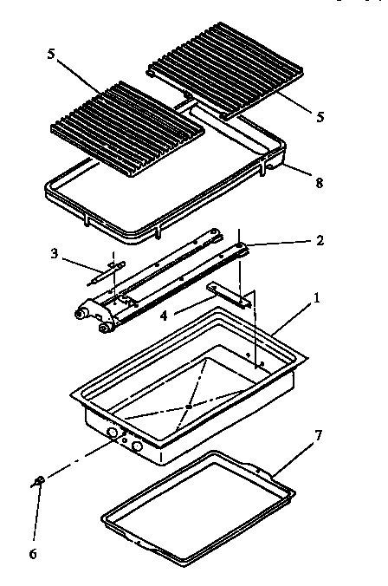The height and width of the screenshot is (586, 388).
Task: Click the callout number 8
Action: [x=320, y=184]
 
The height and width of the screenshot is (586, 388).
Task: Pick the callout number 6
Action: [x=34, y=550]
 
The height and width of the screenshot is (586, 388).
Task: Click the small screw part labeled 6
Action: [x=38, y=479]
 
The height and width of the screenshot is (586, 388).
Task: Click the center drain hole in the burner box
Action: [x=189, y=406]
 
